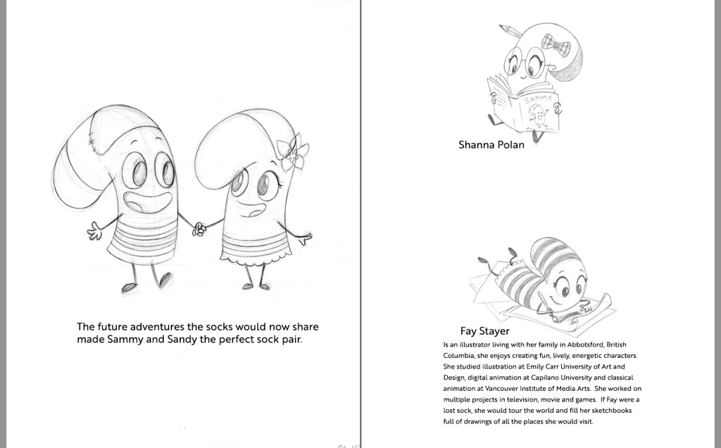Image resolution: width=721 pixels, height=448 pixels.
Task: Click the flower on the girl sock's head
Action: point(290,152)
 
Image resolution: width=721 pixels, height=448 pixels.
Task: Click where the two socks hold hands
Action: point(199,228)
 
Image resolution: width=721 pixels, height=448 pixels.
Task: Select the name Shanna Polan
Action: point(491,145)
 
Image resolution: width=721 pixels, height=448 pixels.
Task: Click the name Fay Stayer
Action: point(484,330)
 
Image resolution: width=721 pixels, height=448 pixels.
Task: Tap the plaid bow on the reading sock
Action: point(556,45)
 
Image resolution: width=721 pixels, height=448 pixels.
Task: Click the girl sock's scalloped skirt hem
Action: point(255,261)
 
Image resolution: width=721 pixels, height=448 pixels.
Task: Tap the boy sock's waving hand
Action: point(94,230)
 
